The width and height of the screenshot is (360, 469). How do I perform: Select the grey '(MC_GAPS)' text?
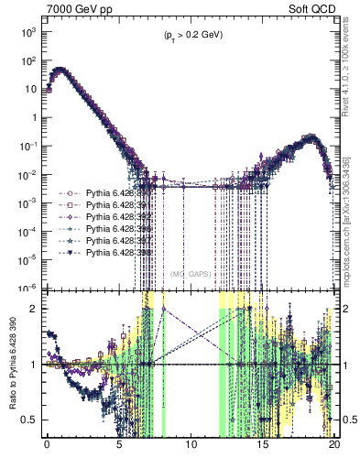coord(188,272)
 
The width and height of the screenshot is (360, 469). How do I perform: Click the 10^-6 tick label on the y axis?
coord(27,287)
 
